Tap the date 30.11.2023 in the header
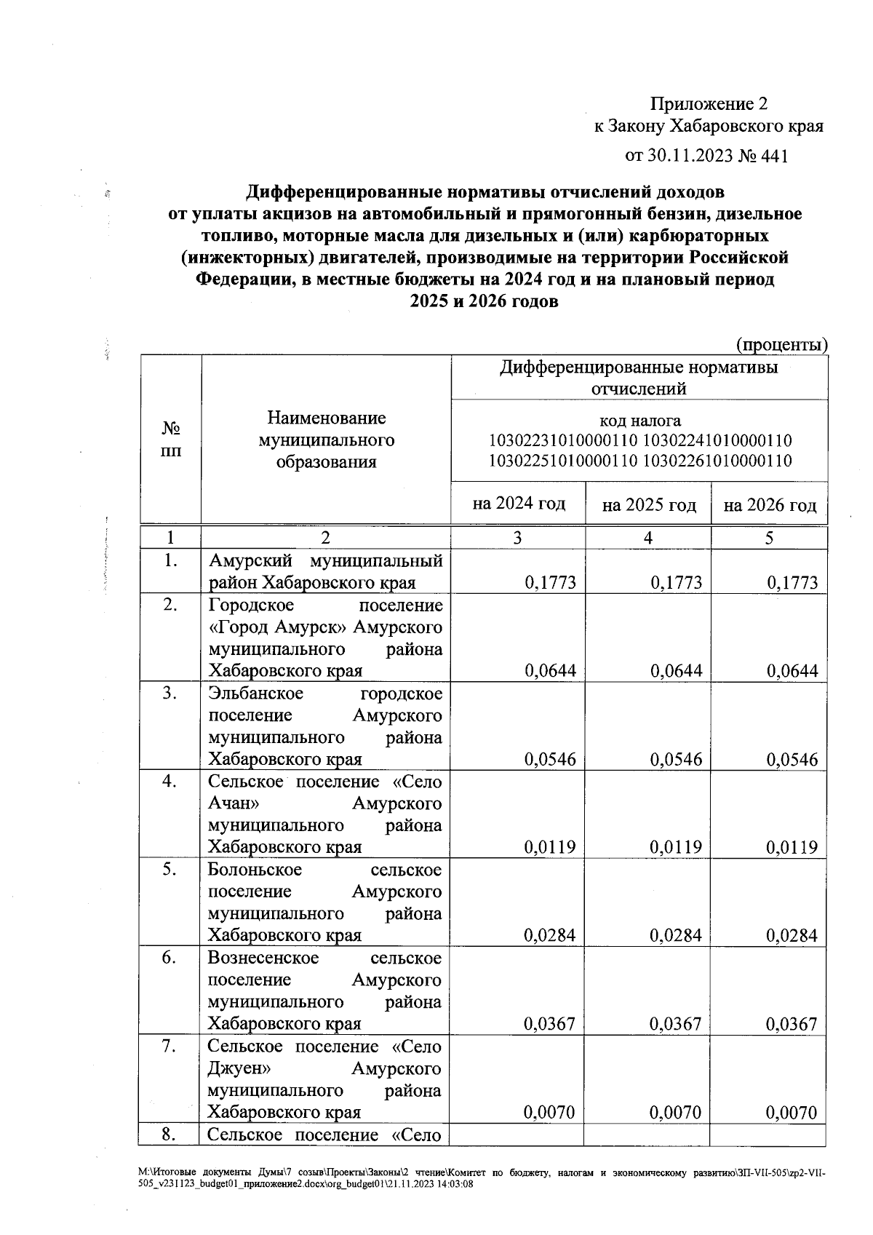pyautogui.click(x=688, y=156)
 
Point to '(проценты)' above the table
pyautogui.click(x=782, y=344)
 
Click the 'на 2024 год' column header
pyautogui.click(x=519, y=504)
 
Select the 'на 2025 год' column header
pyautogui.click(x=649, y=505)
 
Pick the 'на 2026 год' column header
pyautogui.click(x=770, y=505)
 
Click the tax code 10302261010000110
pyautogui.click(x=718, y=461)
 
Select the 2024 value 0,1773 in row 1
pyautogui.click(x=550, y=583)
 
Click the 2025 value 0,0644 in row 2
pyautogui.click(x=677, y=671)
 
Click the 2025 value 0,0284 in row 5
pyautogui.click(x=677, y=936)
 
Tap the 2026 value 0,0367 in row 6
pyautogui.click(x=792, y=1025)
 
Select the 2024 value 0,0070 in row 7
pyautogui.click(x=550, y=1113)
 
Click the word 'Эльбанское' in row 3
pyautogui.click(x=255, y=694)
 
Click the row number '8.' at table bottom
pyautogui.click(x=170, y=1134)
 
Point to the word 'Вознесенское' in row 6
pyautogui.click(x=263, y=958)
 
